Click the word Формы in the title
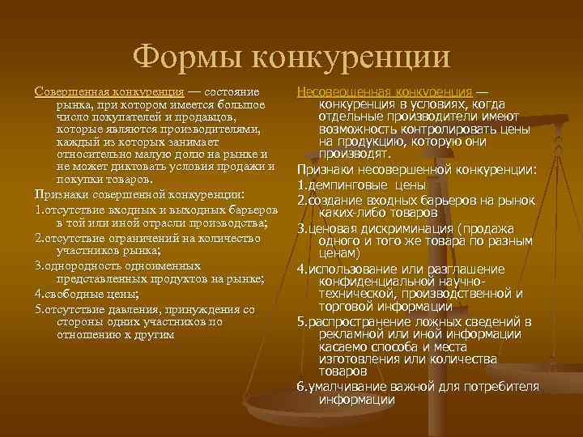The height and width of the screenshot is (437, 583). pyautogui.click(x=186, y=56)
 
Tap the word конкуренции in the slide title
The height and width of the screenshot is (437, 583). pyautogui.click(x=350, y=56)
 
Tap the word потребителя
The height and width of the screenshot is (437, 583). pyautogui.click(x=500, y=385)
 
